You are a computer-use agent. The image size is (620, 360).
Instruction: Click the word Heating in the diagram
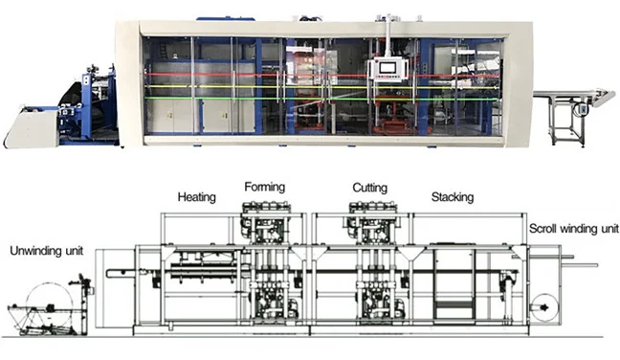pos(196,197)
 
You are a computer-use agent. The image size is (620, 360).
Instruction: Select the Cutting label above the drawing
pos(368,188)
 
